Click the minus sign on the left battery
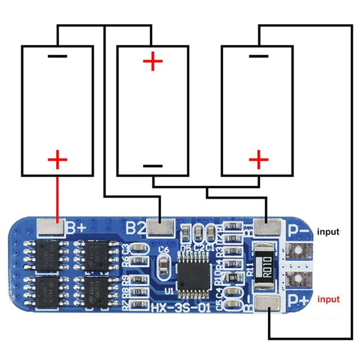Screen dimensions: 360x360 click(x=57, y=56)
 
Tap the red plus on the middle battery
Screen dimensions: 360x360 click(x=152, y=61)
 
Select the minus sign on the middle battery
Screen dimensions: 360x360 click(x=152, y=166)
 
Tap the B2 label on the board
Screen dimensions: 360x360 click(x=134, y=228)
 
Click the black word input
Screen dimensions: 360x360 click(x=329, y=231)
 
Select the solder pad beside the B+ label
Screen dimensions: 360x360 click(x=49, y=227)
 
